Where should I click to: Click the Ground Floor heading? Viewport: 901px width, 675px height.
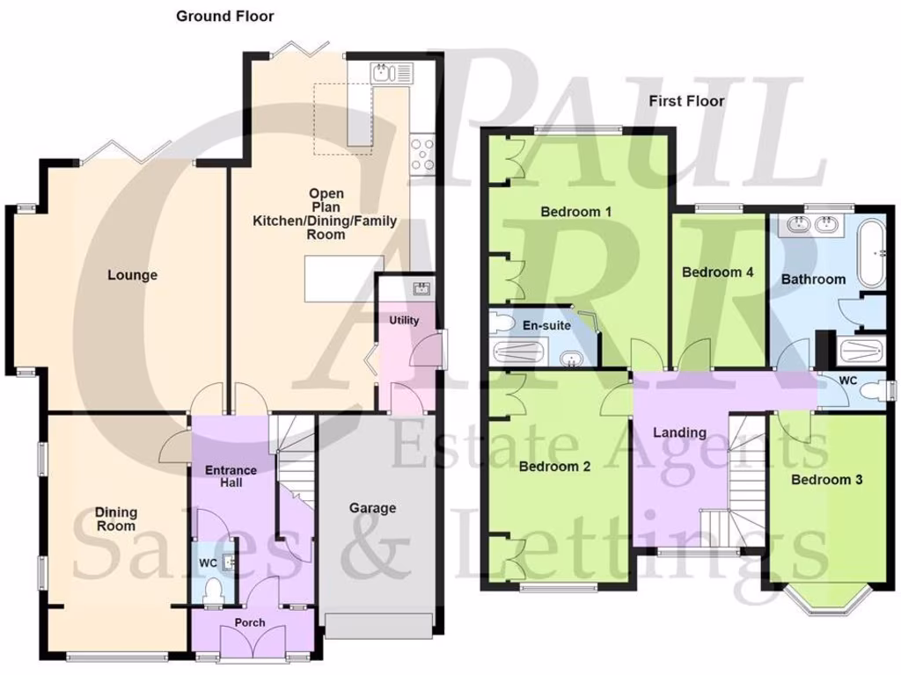click(x=224, y=16)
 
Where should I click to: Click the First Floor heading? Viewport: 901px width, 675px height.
click(x=686, y=101)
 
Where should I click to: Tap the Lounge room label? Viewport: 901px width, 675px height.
click(x=133, y=275)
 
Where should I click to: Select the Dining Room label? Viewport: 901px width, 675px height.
click(x=116, y=519)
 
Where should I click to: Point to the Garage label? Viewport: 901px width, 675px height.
click(x=372, y=507)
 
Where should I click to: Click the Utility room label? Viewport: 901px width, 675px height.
click(x=405, y=320)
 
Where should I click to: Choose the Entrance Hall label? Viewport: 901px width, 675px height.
click(x=231, y=476)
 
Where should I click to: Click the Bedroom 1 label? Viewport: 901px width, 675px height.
click(x=575, y=212)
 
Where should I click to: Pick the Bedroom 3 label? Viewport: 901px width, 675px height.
click(x=826, y=480)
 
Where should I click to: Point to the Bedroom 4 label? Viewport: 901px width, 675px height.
click(x=718, y=272)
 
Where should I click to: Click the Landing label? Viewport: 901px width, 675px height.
click(x=679, y=432)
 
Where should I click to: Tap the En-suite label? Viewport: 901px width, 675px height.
click(x=546, y=325)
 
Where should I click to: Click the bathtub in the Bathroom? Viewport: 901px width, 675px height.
click(x=873, y=252)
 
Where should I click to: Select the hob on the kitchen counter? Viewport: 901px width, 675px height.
click(x=423, y=155)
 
